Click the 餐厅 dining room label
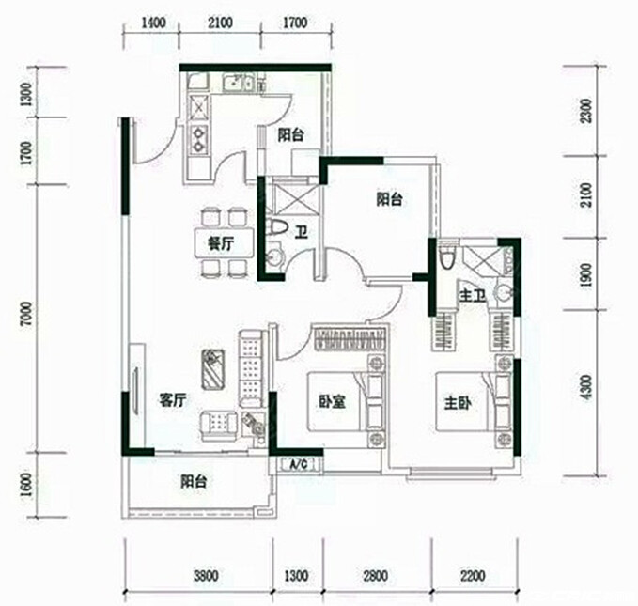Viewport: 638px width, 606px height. (x=221, y=244)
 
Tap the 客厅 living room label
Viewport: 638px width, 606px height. (x=173, y=401)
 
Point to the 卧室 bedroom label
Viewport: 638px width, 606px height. (x=332, y=402)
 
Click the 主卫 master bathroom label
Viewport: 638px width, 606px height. (x=472, y=296)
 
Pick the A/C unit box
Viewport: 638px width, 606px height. (x=300, y=464)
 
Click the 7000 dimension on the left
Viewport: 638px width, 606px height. (x=26, y=314)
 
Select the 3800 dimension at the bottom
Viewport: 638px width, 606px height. (x=206, y=576)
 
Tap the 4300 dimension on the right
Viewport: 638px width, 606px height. (x=586, y=387)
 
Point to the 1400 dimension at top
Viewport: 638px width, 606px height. (x=153, y=23)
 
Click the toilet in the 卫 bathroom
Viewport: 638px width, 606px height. (x=276, y=228)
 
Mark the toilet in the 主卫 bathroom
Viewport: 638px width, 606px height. (x=446, y=256)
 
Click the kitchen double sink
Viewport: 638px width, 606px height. (x=238, y=83)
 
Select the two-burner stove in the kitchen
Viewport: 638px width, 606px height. (x=199, y=139)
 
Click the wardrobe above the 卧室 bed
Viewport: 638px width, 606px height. (x=350, y=338)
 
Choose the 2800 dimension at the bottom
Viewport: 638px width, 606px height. (x=376, y=576)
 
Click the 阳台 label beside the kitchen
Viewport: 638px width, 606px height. (x=290, y=134)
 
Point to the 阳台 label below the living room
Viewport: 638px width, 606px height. (x=194, y=481)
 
